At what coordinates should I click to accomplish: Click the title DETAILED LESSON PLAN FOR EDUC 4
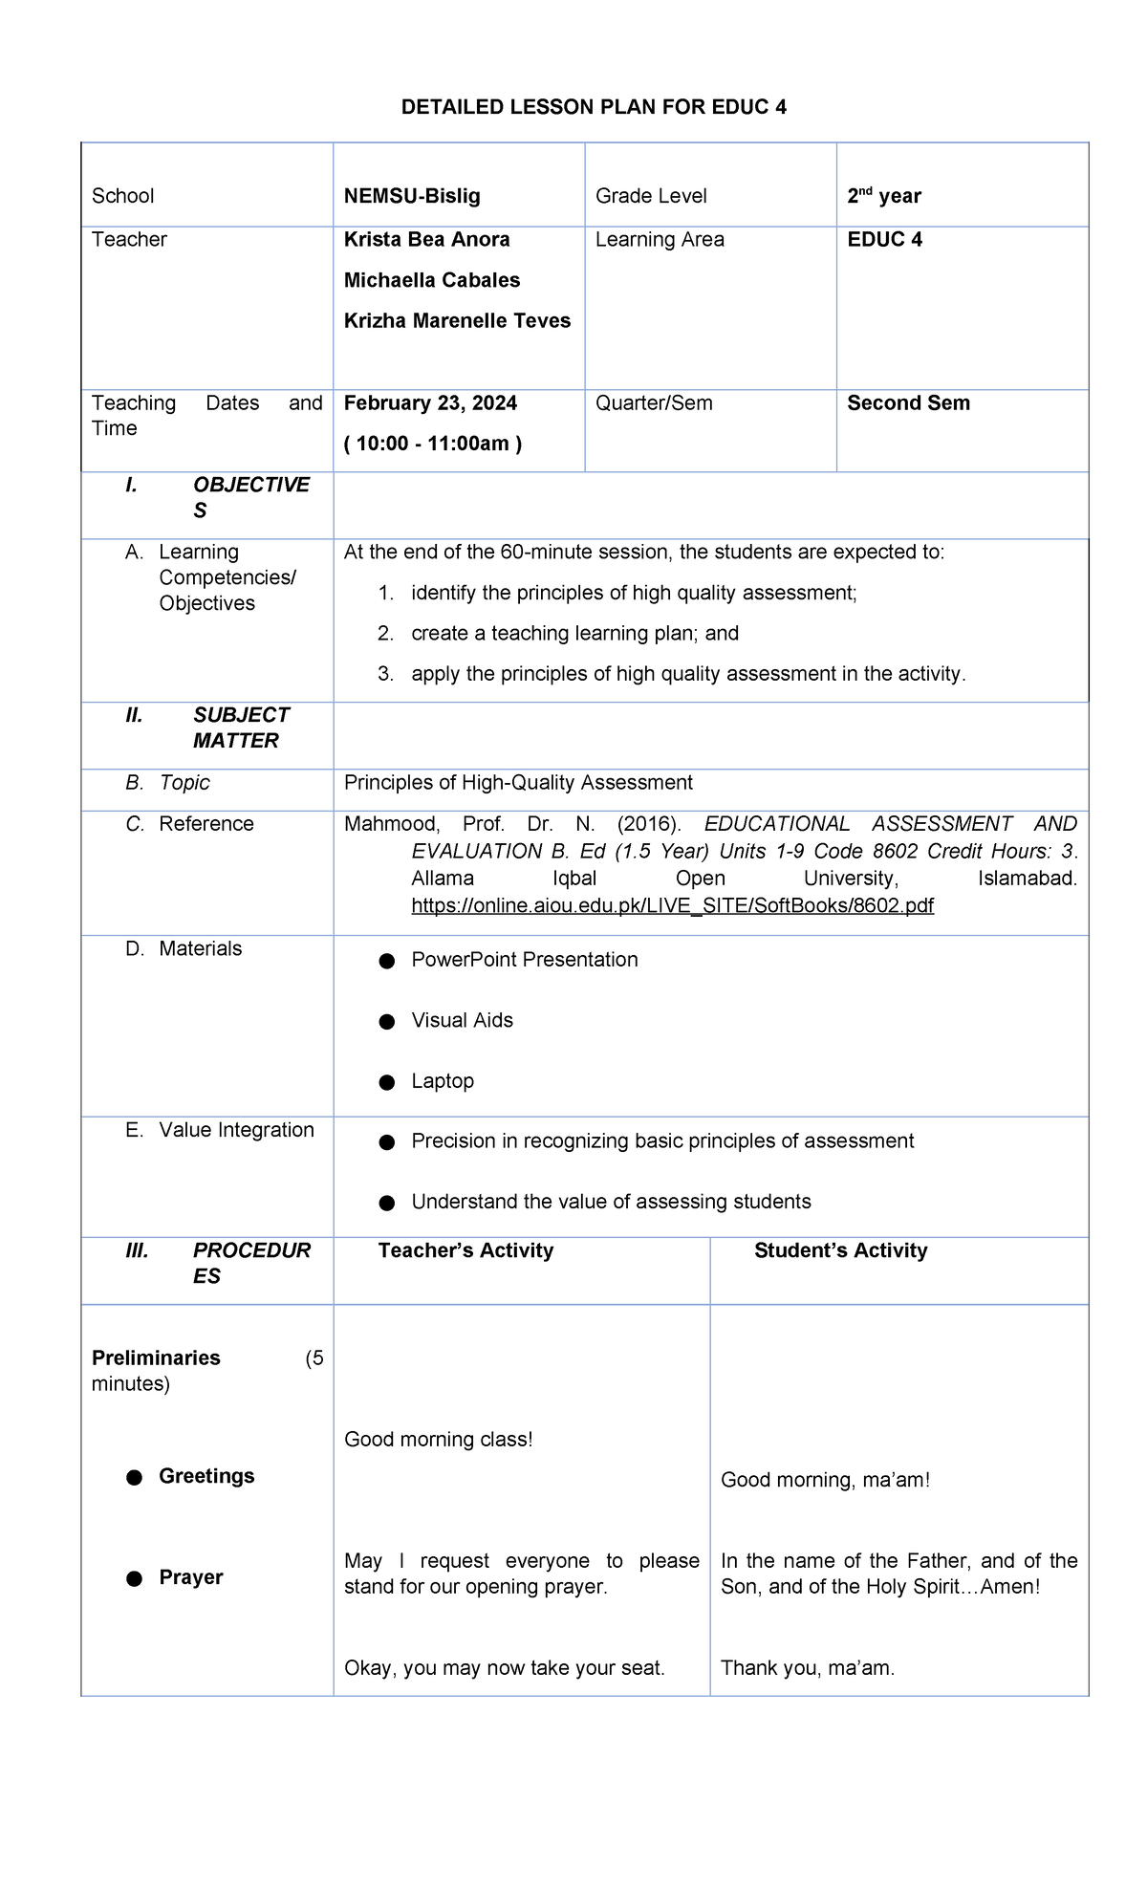(594, 107)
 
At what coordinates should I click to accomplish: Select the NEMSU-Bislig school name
(412, 196)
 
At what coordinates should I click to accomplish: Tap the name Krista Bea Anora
(426, 239)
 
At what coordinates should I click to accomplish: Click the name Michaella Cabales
(432, 280)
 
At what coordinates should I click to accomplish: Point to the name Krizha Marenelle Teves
(457, 320)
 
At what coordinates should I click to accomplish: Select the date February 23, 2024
(430, 402)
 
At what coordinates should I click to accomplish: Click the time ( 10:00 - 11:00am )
(433, 444)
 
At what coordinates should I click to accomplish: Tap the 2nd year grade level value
(883, 196)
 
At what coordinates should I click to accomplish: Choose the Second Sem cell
(908, 402)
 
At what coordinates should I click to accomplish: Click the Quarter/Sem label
(654, 402)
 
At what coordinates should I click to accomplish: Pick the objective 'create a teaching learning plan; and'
(574, 633)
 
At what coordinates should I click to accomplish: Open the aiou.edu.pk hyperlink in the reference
(672, 904)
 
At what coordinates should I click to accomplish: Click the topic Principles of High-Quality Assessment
(518, 782)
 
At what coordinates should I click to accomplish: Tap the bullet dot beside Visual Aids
(387, 1022)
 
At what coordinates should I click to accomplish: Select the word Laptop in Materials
(443, 1080)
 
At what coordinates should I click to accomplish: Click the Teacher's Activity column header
(465, 1250)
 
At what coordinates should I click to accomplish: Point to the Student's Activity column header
(840, 1250)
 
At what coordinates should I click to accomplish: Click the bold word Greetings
(206, 1475)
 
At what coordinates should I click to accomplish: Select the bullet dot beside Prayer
(135, 1578)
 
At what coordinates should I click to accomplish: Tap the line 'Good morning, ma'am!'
(825, 1480)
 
